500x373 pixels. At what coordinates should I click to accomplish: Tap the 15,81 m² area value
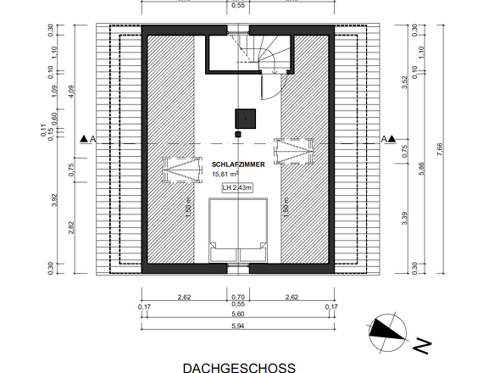tap(225, 175)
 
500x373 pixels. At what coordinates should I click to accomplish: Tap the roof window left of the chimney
tap(181, 168)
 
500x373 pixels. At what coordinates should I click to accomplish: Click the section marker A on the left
tap(86, 139)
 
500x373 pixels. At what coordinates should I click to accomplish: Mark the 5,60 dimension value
tap(238, 314)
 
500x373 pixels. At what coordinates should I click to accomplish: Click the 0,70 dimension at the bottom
tap(238, 297)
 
